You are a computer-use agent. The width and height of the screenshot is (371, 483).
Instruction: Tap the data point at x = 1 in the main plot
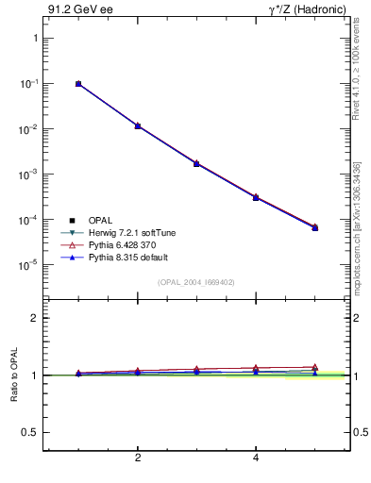(x=78, y=84)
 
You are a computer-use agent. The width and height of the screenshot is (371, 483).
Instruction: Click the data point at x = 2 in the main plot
(x=138, y=125)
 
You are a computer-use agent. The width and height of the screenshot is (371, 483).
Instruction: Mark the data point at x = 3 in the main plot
(x=196, y=163)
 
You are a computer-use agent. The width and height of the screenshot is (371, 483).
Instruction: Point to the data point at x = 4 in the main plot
(x=256, y=197)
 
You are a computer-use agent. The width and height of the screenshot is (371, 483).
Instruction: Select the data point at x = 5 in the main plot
(x=315, y=227)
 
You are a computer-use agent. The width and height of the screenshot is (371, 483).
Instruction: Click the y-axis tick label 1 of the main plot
(x=35, y=39)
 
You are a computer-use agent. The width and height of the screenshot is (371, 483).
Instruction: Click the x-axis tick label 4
(x=256, y=459)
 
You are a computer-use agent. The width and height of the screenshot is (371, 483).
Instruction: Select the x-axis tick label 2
(x=138, y=459)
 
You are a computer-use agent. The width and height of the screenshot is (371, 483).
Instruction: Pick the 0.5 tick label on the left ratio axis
(x=30, y=432)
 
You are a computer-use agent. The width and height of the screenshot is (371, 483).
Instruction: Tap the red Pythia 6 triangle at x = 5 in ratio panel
(x=315, y=367)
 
